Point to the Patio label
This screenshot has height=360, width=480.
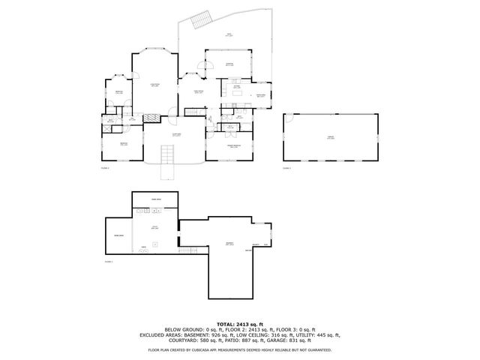(x=229, y=35)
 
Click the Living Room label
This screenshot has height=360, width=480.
(x=154, y=85)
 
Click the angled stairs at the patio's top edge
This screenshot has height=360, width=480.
(x=200, y=20)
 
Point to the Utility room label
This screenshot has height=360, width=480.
(x=155, y=226)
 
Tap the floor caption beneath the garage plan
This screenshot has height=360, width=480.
(x=286, y=168)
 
